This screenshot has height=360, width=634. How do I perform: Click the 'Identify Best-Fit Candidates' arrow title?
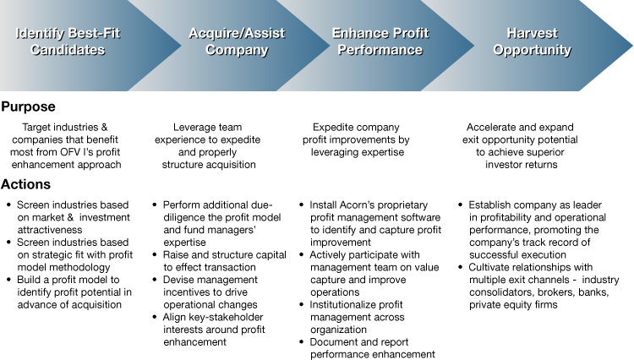coord(68,41)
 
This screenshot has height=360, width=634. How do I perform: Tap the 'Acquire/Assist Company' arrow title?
coord(237,41)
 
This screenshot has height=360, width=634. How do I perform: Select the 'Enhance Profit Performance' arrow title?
coord(380,41)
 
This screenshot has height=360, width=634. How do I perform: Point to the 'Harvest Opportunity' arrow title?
coord(532,41)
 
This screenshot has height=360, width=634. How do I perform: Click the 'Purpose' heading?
coord(28,107)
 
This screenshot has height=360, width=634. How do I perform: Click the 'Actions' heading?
coord(26,184)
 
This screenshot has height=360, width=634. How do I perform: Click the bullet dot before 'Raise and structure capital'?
coord(155,255)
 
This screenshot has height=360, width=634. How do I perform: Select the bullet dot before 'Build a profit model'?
coord(9,280)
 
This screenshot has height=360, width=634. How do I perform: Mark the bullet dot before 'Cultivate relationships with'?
coord(461,267)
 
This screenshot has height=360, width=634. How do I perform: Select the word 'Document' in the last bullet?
coord(332,342)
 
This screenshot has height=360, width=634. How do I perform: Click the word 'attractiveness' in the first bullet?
coord(50,230)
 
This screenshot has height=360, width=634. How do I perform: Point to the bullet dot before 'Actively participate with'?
coord(301,255)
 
